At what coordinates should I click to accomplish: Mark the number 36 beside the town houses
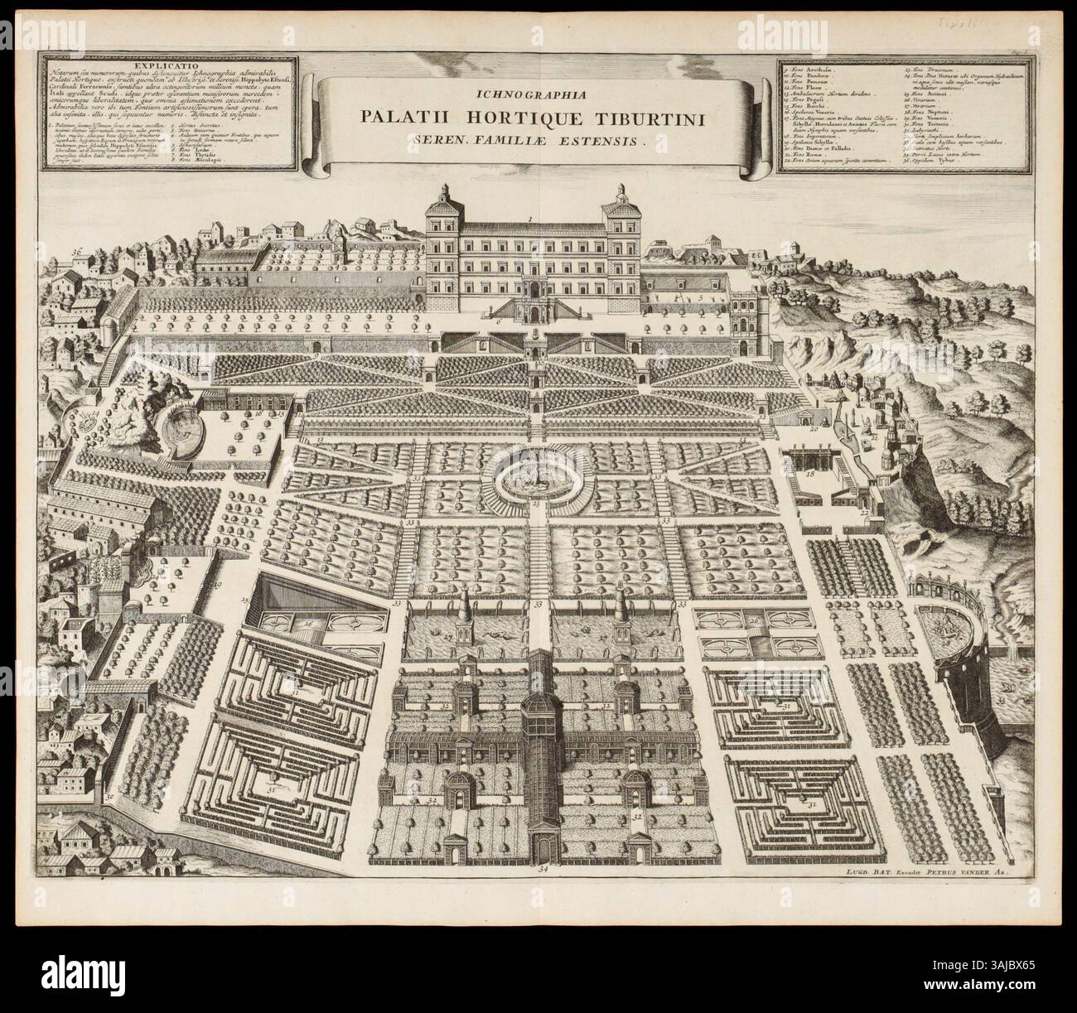tap(76, 252)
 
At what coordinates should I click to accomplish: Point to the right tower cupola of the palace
tap(620, 192)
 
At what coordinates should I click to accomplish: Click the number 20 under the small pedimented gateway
tap(813, 430)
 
